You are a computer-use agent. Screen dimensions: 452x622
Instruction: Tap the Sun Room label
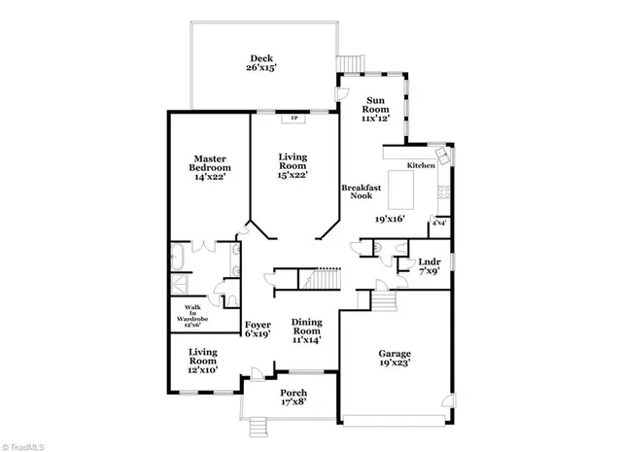pyautogui.click(x=377, y=108)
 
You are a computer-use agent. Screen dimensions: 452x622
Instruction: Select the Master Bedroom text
pyautogui.click(x=211, y=167)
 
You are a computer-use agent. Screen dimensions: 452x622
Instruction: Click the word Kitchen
pyautogui.click(x=421, y=166)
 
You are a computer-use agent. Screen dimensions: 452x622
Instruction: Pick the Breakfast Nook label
pyautogui.click(x=355, y=191)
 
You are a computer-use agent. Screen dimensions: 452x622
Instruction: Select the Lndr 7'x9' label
pyautogui.click(x=429, y=267)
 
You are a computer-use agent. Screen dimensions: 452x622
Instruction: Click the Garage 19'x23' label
pyautogui.click(x=394, y=358)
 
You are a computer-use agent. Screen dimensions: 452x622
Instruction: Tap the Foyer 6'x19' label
pyautogui.click(x=258, y=330)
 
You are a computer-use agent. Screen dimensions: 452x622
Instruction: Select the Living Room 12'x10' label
pyautogui.click(x=203, y=362)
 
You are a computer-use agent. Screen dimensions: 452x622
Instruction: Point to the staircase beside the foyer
pyautogui.click(x=319, y=282)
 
